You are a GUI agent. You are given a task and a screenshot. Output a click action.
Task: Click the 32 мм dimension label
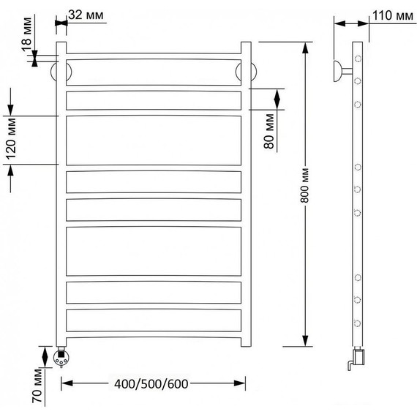(x=86, y=15)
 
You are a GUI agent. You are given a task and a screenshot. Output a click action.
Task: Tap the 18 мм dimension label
(x=26, y=34)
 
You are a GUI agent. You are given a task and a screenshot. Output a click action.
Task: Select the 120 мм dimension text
(x=11, y=139)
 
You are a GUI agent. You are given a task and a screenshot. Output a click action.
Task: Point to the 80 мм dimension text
(x=269, y=132)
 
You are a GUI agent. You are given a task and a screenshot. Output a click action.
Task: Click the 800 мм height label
(x=305, y=185)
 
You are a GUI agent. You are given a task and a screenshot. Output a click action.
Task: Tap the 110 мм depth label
(x=393, y=15)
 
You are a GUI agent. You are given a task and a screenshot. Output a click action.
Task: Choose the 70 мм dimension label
(x=37, y=386)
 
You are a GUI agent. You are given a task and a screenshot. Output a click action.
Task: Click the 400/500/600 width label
(x=151, y=384)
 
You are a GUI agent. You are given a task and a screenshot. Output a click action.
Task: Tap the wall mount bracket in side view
(x=342, y=71)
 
